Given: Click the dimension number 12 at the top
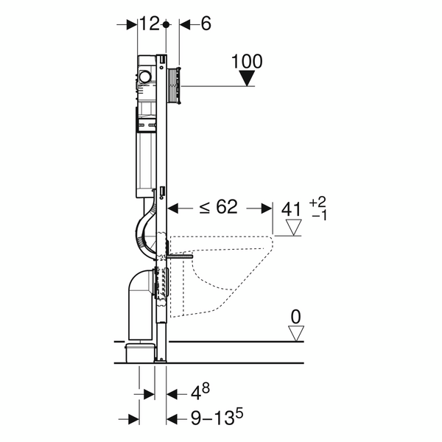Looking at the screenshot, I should tap(150, 24).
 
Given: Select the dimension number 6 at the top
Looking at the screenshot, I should tap(205, 24).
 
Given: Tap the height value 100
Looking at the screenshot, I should tap(247, 61).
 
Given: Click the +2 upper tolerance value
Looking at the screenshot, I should tap(318, 201).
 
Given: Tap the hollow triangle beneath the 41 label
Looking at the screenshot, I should tap(294, 227).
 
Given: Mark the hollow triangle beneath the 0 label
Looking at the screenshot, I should tap(296, 333).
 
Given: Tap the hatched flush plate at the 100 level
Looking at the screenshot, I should tap(176, 85).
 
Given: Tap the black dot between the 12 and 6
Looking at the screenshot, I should tap(167, 24).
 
